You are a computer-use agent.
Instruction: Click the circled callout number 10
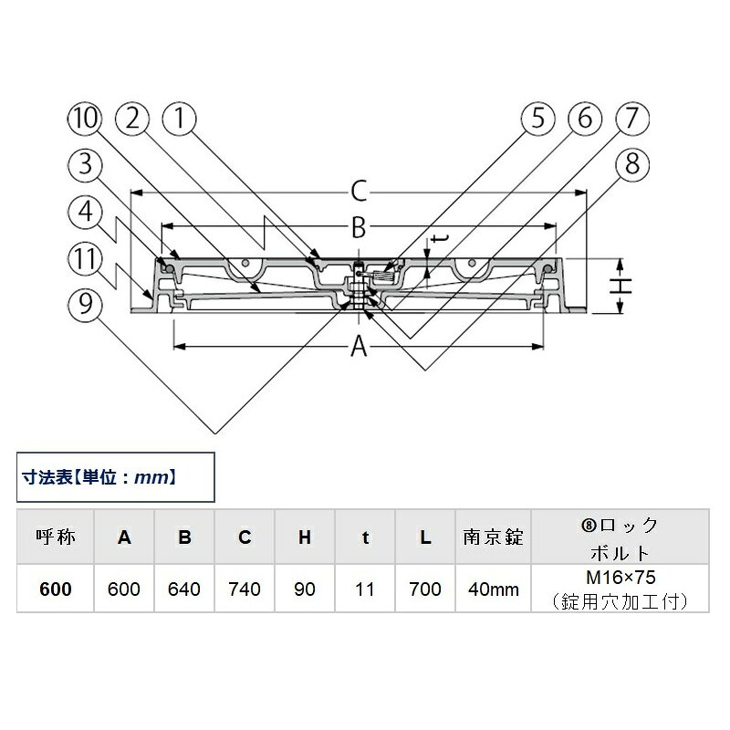pyautogui.click(x=84, y=119)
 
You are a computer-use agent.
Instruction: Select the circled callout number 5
pyautogui.click(x=538, y=119)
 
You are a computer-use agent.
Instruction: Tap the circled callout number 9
pyautogui.click(x=85, y=305)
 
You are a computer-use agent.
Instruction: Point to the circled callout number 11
pyautogui.click(x=85, y=259)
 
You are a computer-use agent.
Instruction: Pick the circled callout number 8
pyautogui.click(x=632, y=164)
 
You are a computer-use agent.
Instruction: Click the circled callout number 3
pyautogui.click(x=85, y=164)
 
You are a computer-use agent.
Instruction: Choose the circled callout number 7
pyautogui.click(x=632, y=119)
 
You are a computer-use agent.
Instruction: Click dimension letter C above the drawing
pyautogui.click(x=359, y=192)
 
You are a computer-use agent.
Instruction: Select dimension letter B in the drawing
pyautogui.click(x=359, y=228)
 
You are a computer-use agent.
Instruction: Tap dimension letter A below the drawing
pyautogui.click(x=359, y=347)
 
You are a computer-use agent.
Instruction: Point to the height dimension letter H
pyautogui.click(x=621, y=286)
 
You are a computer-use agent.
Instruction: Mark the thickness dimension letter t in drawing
pyautogui.click(x=440, y=239)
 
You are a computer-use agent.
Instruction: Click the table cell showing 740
pyautogui.click(x=245, y=589)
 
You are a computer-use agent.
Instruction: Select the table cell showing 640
pyautogui.click(x=184, y=589)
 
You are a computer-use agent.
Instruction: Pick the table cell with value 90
pyautogui.click(x=305, y=589)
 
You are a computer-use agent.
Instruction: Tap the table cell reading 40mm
pyautogui.click(x=494, y=589)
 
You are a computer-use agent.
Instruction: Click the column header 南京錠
pyautogui.click(x=494, y=537)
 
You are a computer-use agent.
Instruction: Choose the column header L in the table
pyautogui.click(x=425, y=537)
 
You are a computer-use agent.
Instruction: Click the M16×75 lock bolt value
pyautogui.click(x=620, y=578)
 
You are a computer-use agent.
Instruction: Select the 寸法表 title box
pyautogui.click(x=116, y=477)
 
